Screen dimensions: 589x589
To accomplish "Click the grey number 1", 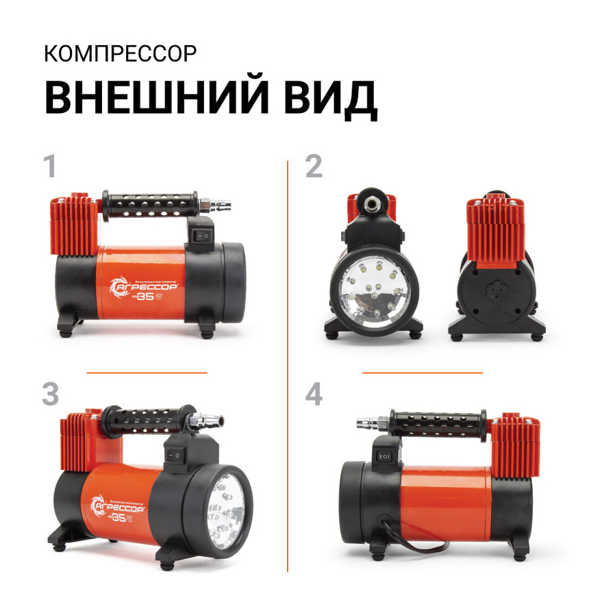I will pyautogui.click(x=49, y=166).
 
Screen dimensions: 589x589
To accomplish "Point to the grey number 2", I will pyautogui.click(x=313, y=166).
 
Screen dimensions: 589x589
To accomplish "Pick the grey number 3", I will pyautogui.click(x=50, y=394).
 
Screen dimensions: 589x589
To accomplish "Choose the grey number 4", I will pyautogui.click(x=314, y=394).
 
